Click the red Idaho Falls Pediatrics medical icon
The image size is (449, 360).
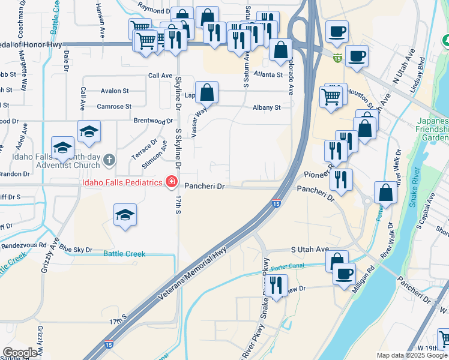pyautogui.click(x=171, y=182)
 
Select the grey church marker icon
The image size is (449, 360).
pyautogui.click(x=108, y=160)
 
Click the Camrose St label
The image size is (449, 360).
pyautogui.click(x=113, y=107)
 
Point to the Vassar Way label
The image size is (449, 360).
pyautogui.click(x=200, y=113)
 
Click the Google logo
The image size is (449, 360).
pyautogui.click(x=20, y=352)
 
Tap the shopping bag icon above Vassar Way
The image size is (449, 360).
pyautogui.click(x=206, y=93)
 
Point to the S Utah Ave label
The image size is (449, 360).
pyautogui.click(x=310, y=249)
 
